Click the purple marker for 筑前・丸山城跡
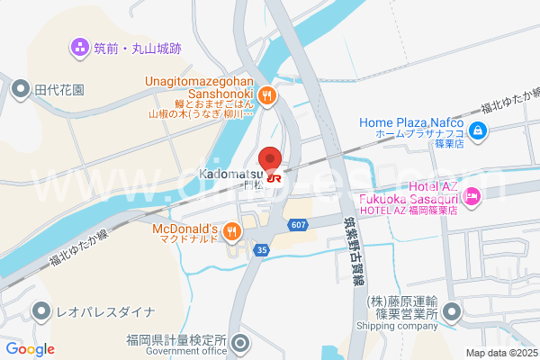click(x=80, y=46)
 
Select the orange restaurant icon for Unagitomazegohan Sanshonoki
click(x=265, y=95)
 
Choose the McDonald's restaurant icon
click(x=232, y=232)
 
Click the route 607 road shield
click(x=298, y=224)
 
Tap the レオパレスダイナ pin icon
click(x=41, y=312)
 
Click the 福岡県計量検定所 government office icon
click(x=240, y=343)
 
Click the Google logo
click(x=30, y=349)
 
